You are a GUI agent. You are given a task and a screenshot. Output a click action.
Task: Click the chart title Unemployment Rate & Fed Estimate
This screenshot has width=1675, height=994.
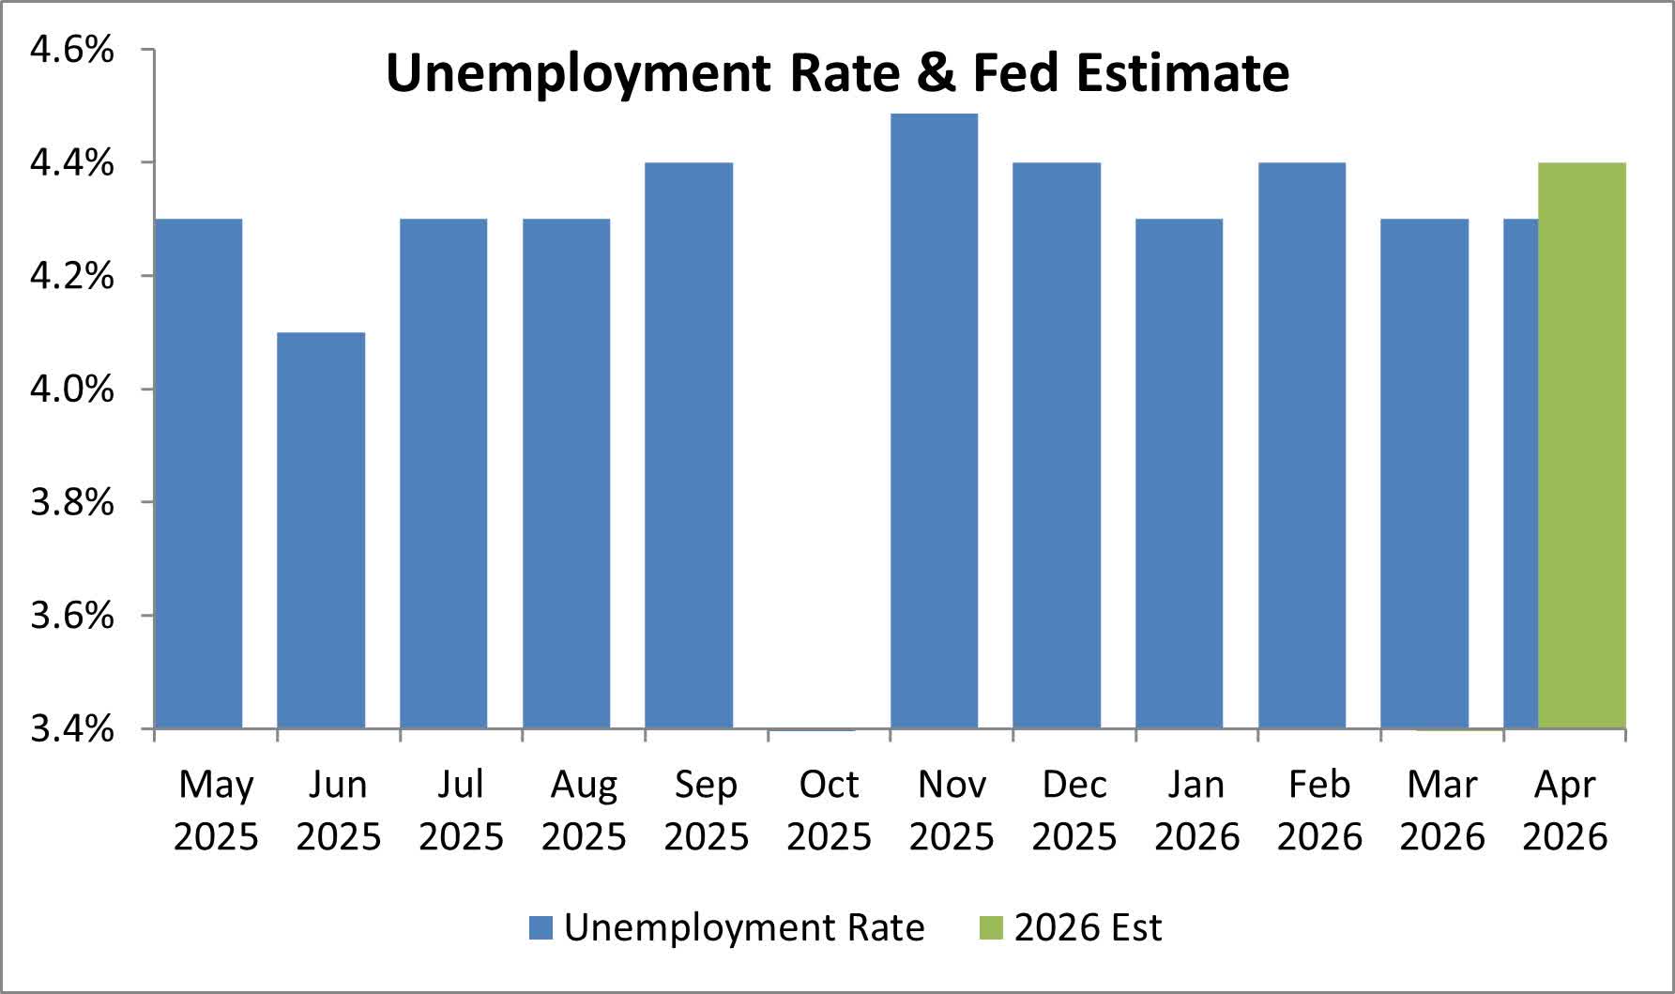(x=837, y=73)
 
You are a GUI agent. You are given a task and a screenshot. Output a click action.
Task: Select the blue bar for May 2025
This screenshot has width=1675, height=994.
(x=198, y=473)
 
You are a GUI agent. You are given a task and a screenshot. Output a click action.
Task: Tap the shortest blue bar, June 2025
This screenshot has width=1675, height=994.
(x=321, y=530)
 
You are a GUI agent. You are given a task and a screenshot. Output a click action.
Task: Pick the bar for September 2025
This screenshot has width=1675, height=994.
(x=689, y=445)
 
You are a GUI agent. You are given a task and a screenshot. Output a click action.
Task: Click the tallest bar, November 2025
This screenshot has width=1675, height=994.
(x=934, y=421)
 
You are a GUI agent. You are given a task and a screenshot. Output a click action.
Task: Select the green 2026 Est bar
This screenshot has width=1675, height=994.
(x=1582, y=445)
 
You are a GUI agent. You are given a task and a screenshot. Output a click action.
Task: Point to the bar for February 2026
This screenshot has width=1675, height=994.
(x=1302, y=445)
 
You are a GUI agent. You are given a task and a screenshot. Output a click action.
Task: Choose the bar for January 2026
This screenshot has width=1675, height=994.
(x=1180, y=473)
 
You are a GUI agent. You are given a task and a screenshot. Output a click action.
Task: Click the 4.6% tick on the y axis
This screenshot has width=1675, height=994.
(x=72, y=49)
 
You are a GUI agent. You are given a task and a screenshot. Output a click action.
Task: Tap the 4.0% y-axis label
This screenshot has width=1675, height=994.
(x=72, y=389)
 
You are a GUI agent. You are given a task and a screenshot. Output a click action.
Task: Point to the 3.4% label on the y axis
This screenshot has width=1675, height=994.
(x=72, y=728)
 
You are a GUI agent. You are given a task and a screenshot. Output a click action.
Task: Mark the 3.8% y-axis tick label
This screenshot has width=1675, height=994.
(x=72, y=502)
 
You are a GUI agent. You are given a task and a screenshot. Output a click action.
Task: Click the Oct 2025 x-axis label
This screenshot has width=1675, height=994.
(x=829, y=810)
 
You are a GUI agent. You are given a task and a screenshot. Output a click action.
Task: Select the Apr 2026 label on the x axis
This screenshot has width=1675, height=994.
(x=1564, y=810)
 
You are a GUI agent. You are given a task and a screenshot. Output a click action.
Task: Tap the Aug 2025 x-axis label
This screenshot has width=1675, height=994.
(x=584, y=810)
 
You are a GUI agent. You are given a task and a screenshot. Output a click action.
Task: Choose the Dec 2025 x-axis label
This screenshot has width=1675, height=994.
(x=1074, y=810)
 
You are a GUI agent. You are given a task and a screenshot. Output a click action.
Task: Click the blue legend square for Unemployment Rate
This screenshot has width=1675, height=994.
(x=541, y=927)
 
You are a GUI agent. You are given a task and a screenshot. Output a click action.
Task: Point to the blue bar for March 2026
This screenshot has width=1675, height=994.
(x=1424, y=473)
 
